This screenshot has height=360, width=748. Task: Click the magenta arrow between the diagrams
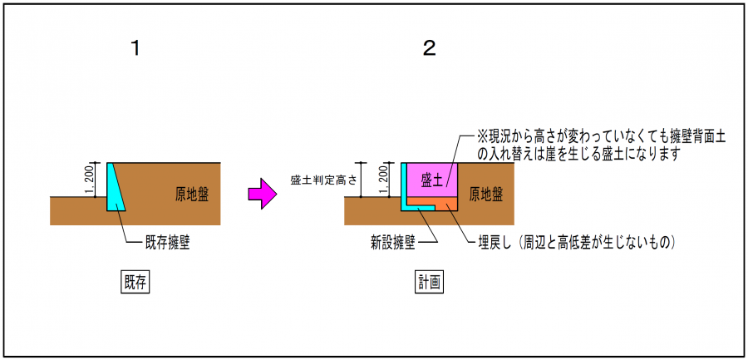coord(262,195)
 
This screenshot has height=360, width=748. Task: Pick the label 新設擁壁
coord(393,243)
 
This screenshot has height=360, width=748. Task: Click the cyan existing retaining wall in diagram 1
coord(116,190)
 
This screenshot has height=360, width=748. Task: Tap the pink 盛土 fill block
coord(433,179)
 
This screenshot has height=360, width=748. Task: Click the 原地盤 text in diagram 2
coord(485,195)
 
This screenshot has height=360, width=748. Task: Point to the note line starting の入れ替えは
coord(573,155)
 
